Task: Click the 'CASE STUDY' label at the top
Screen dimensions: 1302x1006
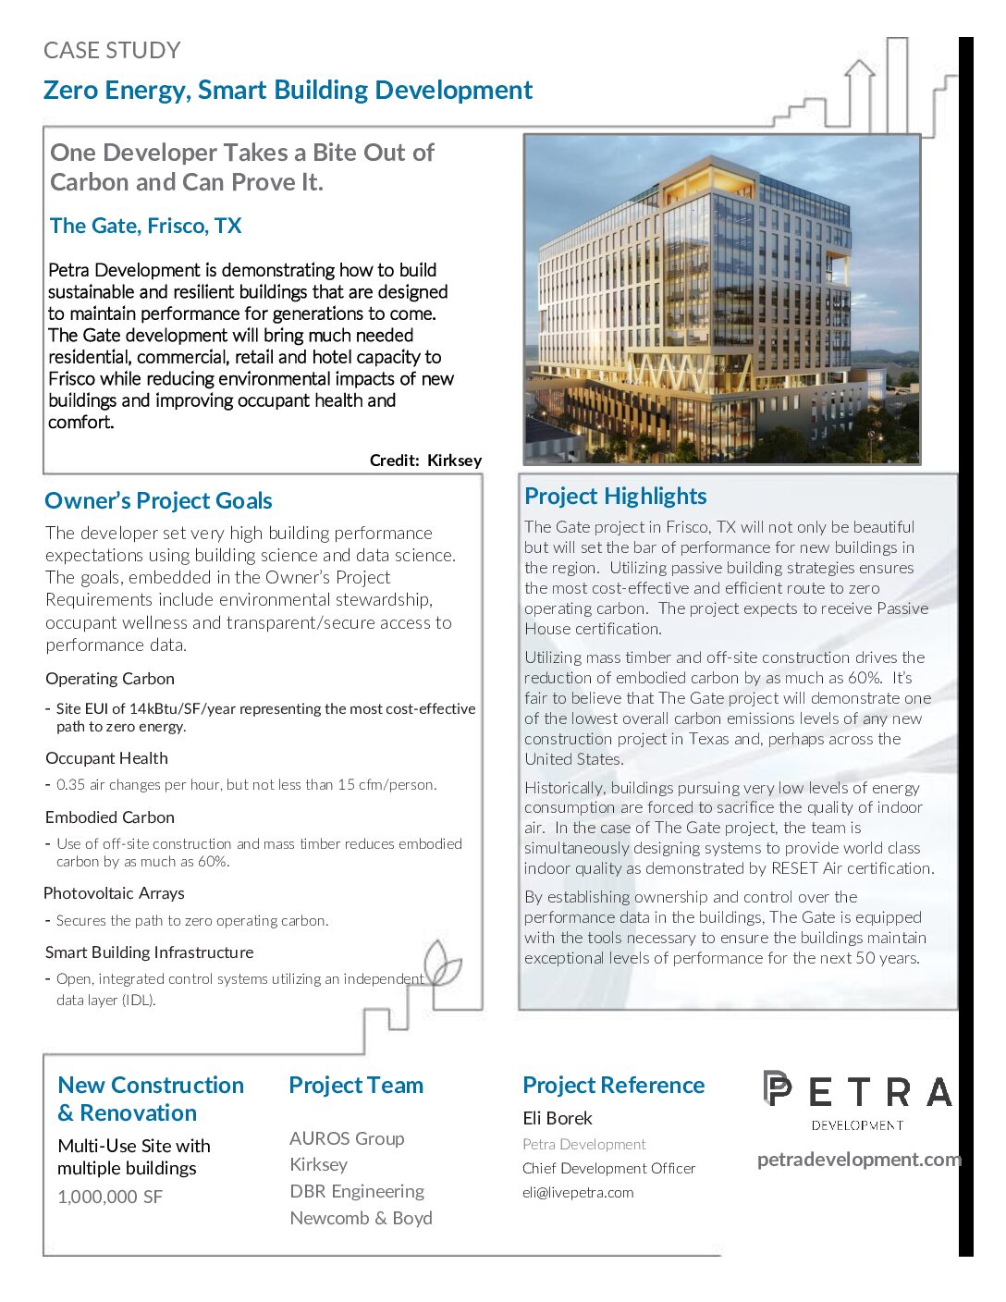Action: coord(112,51)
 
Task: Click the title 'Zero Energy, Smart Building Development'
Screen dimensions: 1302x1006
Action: coord(288,91)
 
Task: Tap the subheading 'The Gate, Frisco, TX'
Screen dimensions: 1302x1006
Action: coord(145,227)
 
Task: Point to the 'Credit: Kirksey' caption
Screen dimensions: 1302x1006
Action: coord(425,461)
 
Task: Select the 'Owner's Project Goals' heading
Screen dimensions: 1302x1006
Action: coord(158,501)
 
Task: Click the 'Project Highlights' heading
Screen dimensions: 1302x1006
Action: coord(615,497)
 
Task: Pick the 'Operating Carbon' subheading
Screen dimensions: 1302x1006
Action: coord(110,679)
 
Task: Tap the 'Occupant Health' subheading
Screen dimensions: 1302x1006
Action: coord(106,758)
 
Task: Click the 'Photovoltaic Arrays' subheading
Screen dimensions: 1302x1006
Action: coord(114,893)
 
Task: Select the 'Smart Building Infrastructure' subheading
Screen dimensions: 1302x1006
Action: coord(149,952)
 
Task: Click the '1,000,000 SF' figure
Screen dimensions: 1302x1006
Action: coord(110,1197)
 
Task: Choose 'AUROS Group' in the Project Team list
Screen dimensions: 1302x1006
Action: coord(347,1138)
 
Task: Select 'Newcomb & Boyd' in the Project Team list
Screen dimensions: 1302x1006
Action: coord(361,1218)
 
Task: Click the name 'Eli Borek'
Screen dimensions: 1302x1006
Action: coord(558,1119)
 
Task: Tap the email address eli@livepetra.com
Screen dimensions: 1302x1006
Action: coord(578,1193)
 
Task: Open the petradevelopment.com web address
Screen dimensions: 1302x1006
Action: coord(859,1160)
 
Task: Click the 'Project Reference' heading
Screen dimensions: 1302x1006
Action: coord(613,1086)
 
